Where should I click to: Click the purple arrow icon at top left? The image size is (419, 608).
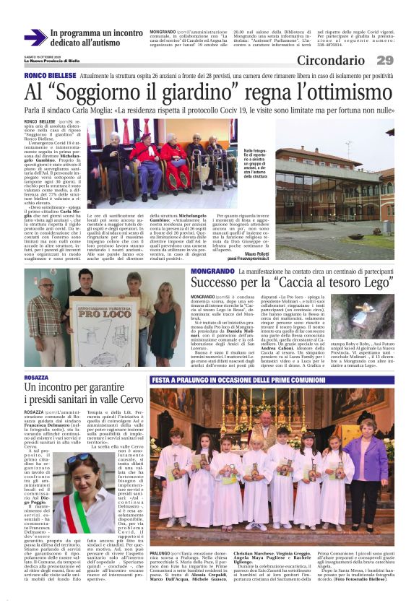click(x=35, y=38)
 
